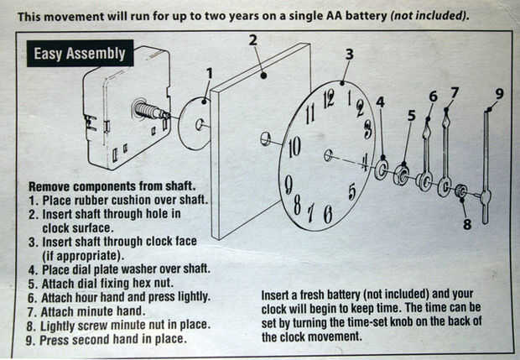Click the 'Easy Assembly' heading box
tap(79, 55)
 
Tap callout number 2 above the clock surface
tap(252, 39)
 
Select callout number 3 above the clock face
tap(349, 55)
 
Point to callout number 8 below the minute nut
tap(468, 224)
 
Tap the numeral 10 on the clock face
tap(294, 149)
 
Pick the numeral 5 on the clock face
tap(352, 191)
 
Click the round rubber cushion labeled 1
tap(195, 123)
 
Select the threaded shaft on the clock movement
tap(154, 112)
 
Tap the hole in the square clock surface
tap(265, 138)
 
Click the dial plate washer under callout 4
tap(382, 169)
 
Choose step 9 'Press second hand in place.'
tap(107, 339)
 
